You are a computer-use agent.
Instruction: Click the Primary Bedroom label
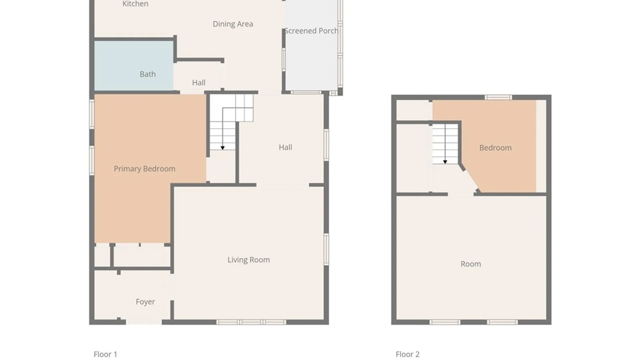(x=144, y=169)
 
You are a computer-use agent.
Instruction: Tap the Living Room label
(x=249, y=260)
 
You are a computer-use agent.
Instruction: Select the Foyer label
(x=145, y=302)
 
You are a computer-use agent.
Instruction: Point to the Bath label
(x=147, y=74)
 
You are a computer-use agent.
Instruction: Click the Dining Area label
(x=233, y=24)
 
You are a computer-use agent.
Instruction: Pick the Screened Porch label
(x=311, y=31)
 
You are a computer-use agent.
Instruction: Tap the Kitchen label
(x=135, y=4)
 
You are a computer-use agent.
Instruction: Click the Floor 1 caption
(x=105, y=354)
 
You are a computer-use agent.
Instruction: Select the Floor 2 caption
(x=407, y=354)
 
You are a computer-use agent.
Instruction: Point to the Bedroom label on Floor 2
(x=495, y=148)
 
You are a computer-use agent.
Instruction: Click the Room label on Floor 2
(x=471, y=264)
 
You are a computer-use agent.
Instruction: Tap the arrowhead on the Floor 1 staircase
(x=223, y=148)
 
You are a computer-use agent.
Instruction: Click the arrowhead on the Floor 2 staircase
(x=445, y=162)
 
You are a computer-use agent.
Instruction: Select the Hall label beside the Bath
(x=199, y=83)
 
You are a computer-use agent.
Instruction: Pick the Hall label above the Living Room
(x=285, y=147)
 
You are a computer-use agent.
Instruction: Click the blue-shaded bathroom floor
(x=134, y=65)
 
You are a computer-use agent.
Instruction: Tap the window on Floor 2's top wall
(x=498, y=97)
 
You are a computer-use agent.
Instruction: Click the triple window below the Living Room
(x=251, y=322)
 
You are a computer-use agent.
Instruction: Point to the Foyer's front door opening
(x=144, y=322)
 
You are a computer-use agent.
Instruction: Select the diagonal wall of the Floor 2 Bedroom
(x=470, y=179)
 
